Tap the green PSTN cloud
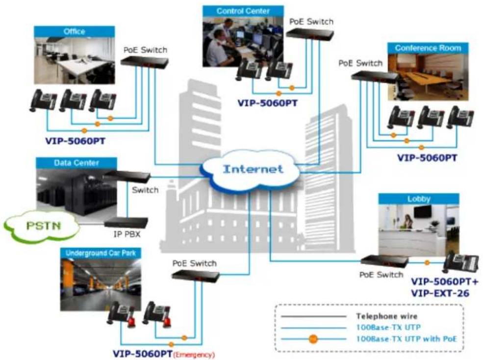coord(42,226)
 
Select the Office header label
coord(74,31)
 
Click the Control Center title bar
coord(243,11)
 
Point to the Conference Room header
coord(428,48)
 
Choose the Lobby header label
coord(419,199)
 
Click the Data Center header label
coord(76,163)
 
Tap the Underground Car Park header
coord(101,254)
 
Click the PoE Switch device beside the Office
coord(145,62)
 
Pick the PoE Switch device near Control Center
coord(310,34)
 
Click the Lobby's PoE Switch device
coord(384,261)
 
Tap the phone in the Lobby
coord(460,262)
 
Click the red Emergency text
coord(194,355)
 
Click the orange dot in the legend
coord(313,339)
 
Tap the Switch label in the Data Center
coord(145,190)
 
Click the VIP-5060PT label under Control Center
coord(267,103)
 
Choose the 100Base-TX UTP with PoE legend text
coord(407,339)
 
